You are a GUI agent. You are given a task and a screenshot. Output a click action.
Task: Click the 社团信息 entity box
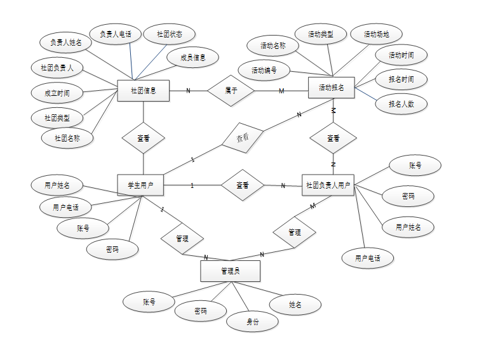(x=143, y=90)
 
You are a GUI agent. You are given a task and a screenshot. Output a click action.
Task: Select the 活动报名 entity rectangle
(x=331, y=88)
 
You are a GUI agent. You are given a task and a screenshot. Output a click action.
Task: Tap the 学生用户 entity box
(x=140, y=185)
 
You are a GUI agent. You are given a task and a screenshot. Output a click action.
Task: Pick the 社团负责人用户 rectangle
(x=328, y=185)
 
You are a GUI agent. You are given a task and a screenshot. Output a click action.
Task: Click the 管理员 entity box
(x=230, y=271)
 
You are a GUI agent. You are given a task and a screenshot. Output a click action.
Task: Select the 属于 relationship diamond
(x=231, y=91)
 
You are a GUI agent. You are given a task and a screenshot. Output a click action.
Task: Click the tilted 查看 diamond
(x=243, y=137)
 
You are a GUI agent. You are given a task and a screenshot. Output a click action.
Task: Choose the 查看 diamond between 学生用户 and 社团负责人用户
(x=242, y=185)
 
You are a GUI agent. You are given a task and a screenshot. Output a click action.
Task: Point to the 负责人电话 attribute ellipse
(x=115, y=34)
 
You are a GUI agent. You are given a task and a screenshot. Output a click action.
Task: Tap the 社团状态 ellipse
(x=170, y=34)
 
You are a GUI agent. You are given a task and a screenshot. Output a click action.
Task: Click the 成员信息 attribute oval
(x=193, y=57)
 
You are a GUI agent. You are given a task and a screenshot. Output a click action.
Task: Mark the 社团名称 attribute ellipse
(x=67, y=137)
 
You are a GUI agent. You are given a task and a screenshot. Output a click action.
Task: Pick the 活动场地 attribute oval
(x=376, y=34)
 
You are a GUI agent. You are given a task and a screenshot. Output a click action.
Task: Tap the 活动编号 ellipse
(x=264, y=70)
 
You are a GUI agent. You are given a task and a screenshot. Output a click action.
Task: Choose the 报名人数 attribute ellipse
(x=401, y=103)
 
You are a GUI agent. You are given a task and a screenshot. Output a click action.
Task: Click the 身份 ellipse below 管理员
(x=253, y=321)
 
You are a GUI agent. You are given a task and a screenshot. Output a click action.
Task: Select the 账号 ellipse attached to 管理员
(x=149, y=302)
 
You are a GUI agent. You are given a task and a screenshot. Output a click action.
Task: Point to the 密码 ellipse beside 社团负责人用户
(x=408, y=196)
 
